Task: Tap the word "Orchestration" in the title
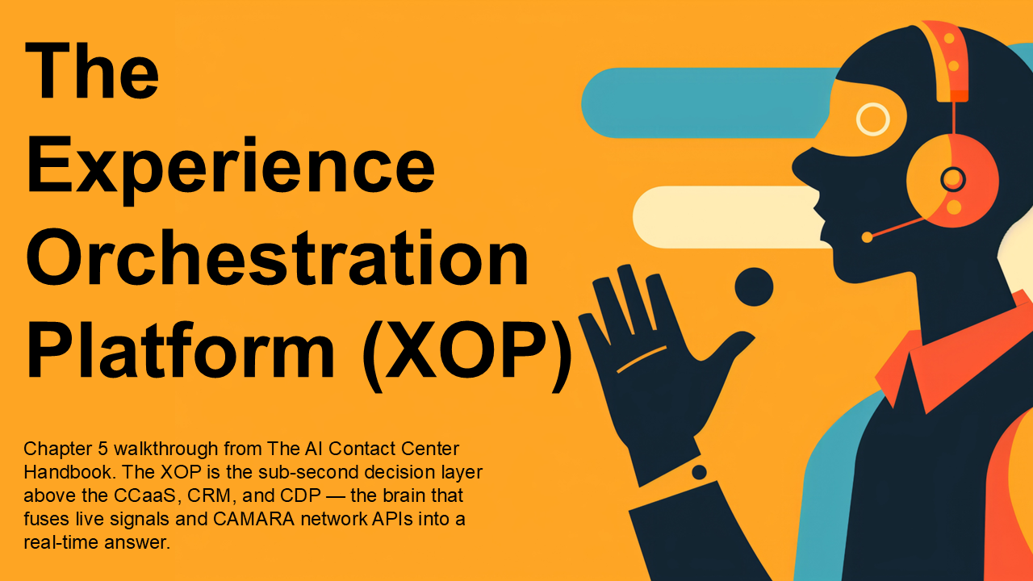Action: [278, 257]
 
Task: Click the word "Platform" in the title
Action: [181, 350]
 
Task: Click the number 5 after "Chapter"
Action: [102, 449]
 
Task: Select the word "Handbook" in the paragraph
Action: [69, 472]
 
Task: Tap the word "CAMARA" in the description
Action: [253, 519]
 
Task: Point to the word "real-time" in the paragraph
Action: [61, 542]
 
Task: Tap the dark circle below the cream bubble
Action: [754, 286]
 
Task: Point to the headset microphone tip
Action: [867, 237]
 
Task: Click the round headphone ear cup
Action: [953, 180]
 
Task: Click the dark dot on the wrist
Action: [699, 472]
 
